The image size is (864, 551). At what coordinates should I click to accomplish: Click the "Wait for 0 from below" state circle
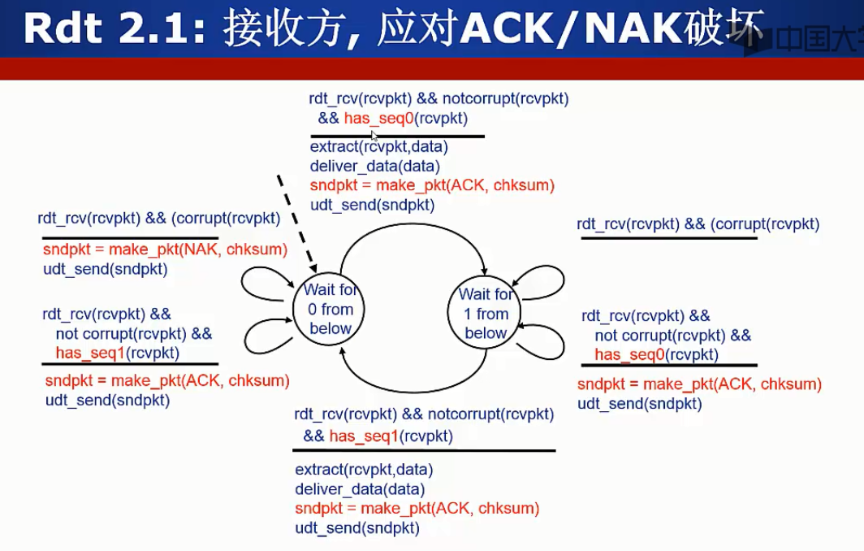(330, 310)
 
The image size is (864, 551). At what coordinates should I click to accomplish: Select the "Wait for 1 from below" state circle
(485, 314)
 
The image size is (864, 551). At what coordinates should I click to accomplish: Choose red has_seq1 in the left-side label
(91, 352)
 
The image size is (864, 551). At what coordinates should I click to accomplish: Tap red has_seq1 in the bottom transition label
(364, 436)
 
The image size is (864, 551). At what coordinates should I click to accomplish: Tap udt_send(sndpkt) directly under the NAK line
(106, 269)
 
